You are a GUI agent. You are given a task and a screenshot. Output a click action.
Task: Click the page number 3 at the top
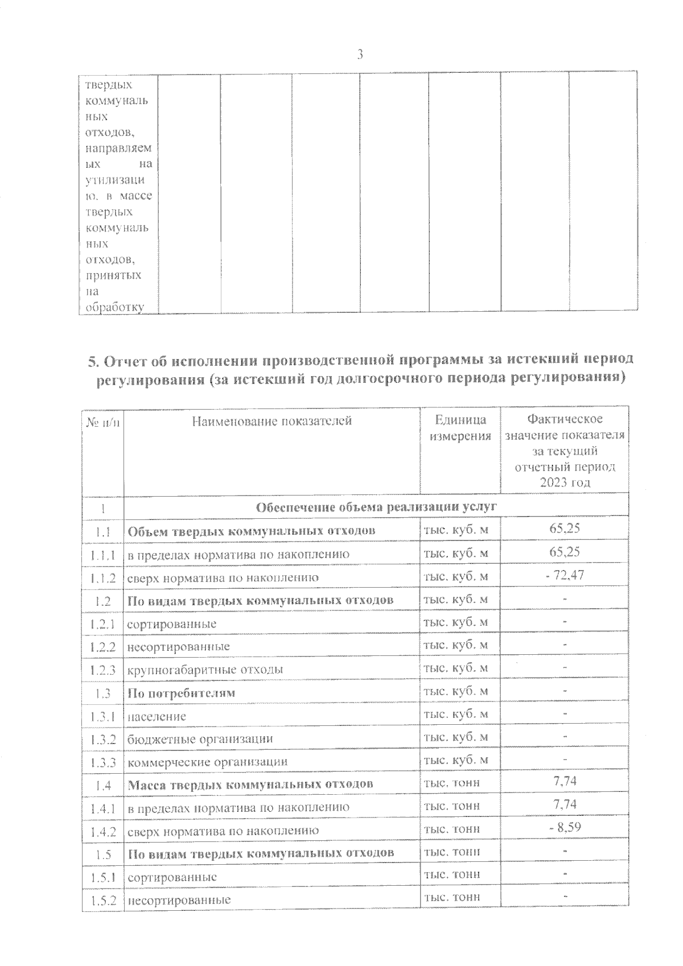360,55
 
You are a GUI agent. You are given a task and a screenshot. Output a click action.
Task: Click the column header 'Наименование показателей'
271,421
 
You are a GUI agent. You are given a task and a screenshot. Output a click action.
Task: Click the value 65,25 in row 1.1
565,529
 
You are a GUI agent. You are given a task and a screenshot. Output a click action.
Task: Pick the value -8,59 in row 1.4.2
565,828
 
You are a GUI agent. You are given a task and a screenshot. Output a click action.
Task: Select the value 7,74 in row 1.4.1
565,804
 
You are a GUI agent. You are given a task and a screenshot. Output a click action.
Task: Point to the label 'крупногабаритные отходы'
205,670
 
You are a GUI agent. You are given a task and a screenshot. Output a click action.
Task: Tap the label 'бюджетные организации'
200,739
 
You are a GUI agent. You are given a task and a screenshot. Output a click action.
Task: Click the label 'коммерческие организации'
207,762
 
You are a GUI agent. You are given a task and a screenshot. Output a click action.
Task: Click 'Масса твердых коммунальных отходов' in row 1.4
250,785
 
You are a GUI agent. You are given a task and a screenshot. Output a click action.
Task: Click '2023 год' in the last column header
565,482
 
